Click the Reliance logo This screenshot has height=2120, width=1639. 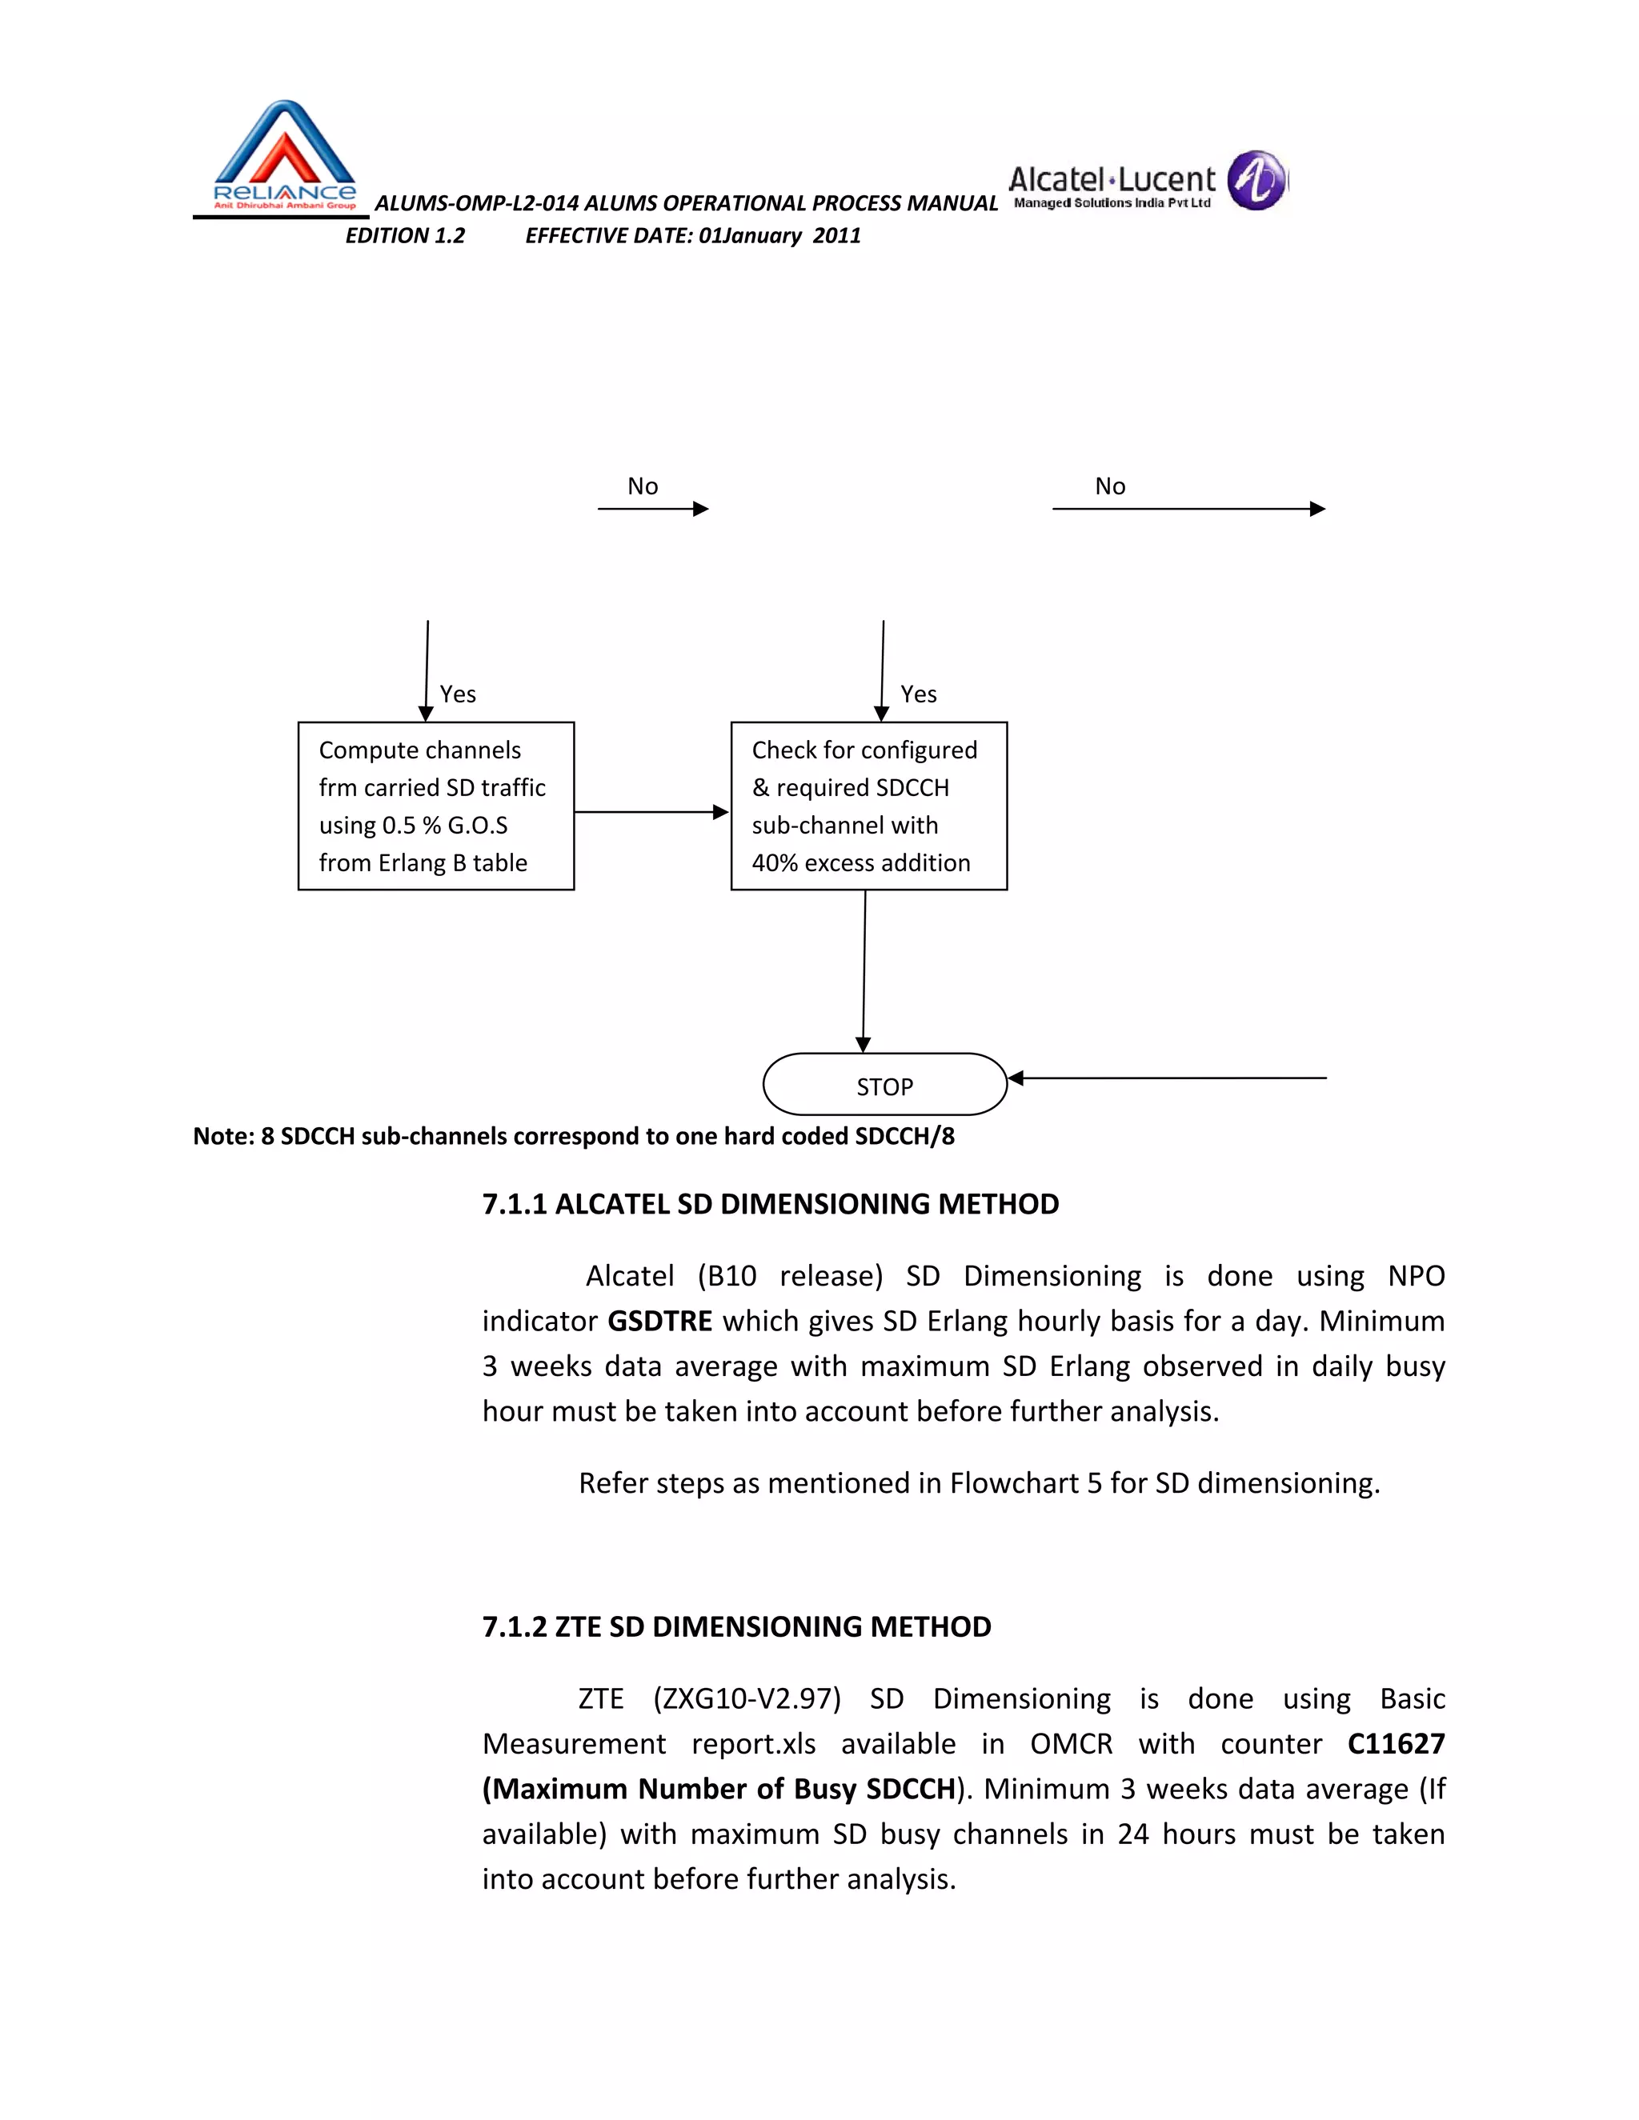click(283, 155)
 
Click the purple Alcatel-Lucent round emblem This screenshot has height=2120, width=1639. click(1256, 181)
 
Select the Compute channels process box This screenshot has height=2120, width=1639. click(436, 806)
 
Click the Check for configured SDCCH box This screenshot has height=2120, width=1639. click(868, 806)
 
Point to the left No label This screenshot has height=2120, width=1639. click(643, 486)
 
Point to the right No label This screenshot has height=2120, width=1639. click(1110, 486)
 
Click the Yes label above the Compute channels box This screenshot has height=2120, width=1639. click(457, 694)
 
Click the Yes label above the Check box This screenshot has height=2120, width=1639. click(918, 694)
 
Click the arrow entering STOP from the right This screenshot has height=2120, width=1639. click(1165, 1078)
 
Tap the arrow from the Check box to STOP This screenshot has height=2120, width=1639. click(864, 970)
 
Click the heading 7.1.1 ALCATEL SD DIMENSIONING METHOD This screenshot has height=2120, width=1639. click(770, 1204)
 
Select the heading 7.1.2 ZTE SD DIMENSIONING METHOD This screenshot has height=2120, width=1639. click(736, 1627)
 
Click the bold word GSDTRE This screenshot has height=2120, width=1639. click(659, 1321)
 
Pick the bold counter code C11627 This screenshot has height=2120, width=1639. click(1395, 1743)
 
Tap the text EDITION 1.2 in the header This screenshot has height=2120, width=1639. click(405, 236)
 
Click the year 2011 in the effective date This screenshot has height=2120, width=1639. click(836, 236)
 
